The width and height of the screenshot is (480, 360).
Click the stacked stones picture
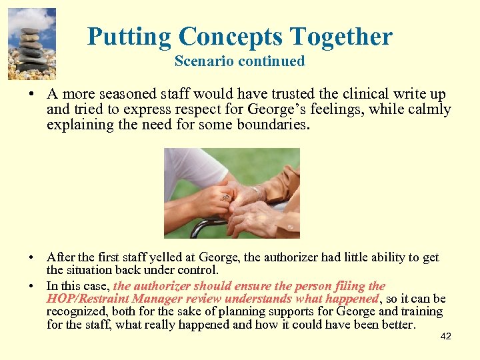point(31,44)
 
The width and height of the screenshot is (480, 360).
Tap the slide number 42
point(446,336)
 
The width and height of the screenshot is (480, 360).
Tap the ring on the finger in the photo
point(225,197)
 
